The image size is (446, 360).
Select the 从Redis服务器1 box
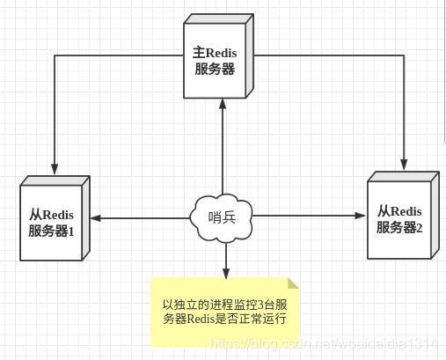click(53, 220)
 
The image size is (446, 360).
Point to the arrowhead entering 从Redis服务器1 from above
click(55, 170)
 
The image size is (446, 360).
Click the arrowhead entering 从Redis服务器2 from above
click(405, 163)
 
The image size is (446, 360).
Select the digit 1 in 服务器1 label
click(73, 231)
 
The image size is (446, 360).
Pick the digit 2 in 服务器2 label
click(419, 227)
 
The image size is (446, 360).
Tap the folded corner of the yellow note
click(293, 283)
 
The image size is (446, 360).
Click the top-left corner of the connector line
click(55, 56)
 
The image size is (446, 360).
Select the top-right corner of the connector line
click(405, 56)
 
